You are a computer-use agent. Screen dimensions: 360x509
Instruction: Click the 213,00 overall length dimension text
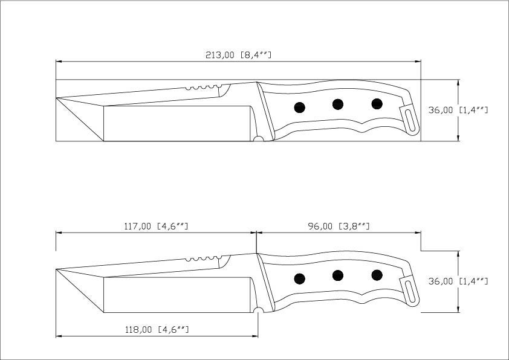click(x=239, y=55)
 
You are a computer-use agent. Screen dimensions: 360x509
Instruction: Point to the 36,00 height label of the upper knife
click(x=458, y=111)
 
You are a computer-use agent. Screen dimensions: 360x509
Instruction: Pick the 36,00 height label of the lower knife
click(x=458, y=281)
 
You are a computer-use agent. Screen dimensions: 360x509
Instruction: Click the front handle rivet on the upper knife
click(x=299, y=108)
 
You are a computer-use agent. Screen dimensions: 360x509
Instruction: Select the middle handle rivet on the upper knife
click(x=338, y=104)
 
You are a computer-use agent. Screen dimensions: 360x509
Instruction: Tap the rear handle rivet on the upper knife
click(x=377, y=104)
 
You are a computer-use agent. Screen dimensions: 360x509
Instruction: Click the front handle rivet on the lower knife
click(x=299, y=278)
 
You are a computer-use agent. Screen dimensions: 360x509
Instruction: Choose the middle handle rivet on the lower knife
click(x=338, y=275)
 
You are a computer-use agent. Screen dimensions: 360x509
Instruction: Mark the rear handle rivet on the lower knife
click(x=377, y=275)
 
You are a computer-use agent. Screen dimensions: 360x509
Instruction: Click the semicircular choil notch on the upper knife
click(x=258, y=140)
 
